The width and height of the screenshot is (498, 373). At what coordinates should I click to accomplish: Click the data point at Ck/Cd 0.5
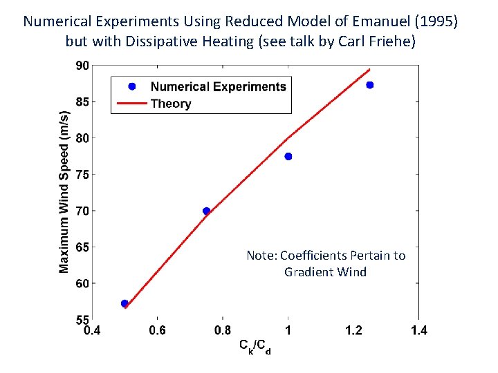point(124,303)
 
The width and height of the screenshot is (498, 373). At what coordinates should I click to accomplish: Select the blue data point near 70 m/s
point(206,211)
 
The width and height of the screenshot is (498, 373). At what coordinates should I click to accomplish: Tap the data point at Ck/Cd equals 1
point(288,157)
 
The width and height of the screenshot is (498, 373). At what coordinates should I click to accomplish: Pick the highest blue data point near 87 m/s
point(370,85)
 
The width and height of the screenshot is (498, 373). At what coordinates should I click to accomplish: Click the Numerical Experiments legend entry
point(217,86)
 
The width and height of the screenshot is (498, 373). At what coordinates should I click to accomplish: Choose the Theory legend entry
point(170,104)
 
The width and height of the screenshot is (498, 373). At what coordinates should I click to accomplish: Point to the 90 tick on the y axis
point(82,66)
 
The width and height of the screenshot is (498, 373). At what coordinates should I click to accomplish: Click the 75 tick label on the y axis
point(82,175)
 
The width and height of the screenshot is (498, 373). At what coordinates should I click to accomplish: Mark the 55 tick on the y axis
point(82,320)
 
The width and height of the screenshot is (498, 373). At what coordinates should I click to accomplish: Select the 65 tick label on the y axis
point(82,247)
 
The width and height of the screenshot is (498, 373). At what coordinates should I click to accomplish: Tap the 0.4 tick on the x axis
point(92,331)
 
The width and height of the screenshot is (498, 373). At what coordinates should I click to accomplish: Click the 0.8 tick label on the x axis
point(223,331)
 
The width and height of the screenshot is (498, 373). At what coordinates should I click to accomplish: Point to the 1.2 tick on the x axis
point(353,331)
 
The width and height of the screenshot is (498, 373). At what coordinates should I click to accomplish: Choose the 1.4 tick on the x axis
point(418,331)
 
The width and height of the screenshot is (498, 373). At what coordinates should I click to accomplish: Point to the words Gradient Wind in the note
point(325,271)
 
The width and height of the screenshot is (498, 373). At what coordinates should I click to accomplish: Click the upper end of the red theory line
point(370,69)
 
